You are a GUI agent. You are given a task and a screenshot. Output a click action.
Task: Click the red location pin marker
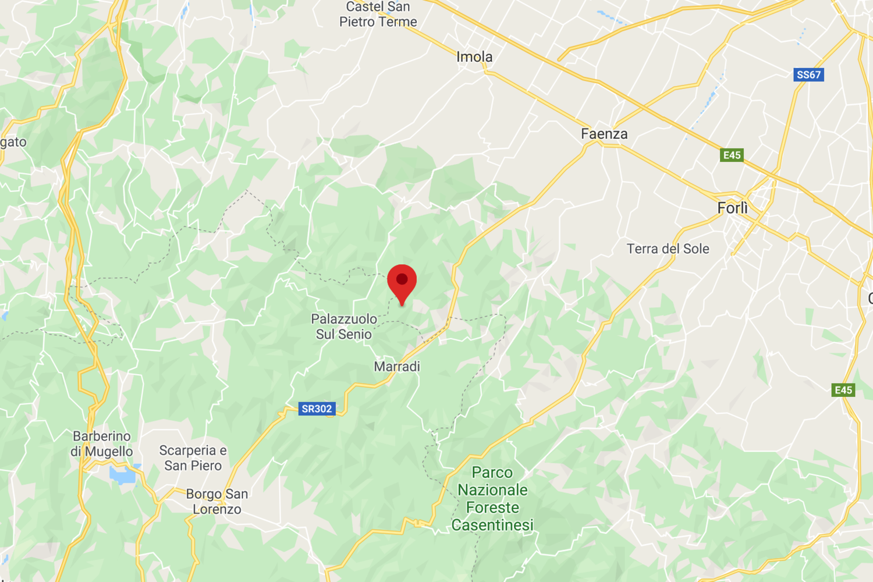(x=402, y=283)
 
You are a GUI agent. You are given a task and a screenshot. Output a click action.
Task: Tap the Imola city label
(x=474, y=57)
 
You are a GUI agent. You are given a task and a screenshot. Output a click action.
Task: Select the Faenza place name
(x=604, y=134)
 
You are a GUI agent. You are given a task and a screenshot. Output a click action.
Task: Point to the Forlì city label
(x=732, y=208)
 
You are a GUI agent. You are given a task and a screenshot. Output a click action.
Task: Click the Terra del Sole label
(x=668, y=249)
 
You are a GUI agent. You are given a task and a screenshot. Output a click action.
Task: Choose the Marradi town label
(x=397, y=367)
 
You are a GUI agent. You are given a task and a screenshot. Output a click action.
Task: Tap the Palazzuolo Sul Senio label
(x=344, y=327)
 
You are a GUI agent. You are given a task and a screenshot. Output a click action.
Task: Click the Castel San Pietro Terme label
(x=378, y=15)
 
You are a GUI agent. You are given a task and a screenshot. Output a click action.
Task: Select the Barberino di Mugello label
(x=102, y=443)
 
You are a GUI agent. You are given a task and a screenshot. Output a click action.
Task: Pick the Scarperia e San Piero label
(x=193, y=458)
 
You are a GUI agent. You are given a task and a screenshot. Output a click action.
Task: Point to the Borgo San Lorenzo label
(x=217, y=501)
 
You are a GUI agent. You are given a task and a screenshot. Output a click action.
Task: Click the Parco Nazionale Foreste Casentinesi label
(x=492, y=499)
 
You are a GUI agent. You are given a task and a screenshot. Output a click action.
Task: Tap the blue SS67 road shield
(x=808, y=74)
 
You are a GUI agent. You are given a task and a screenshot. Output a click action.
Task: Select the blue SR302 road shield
(x=317, y=409)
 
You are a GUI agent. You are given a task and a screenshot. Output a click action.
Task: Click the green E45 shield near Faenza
(x=732, y=155)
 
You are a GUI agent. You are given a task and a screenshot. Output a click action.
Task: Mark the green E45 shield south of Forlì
(x=843, y=390)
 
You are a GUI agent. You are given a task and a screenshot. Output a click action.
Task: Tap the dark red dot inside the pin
(x=402, y=279)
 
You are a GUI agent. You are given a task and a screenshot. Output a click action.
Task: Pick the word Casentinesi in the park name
(x=492, y=525)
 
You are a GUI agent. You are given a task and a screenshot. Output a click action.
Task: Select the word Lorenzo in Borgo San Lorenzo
(x=217, y=509)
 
